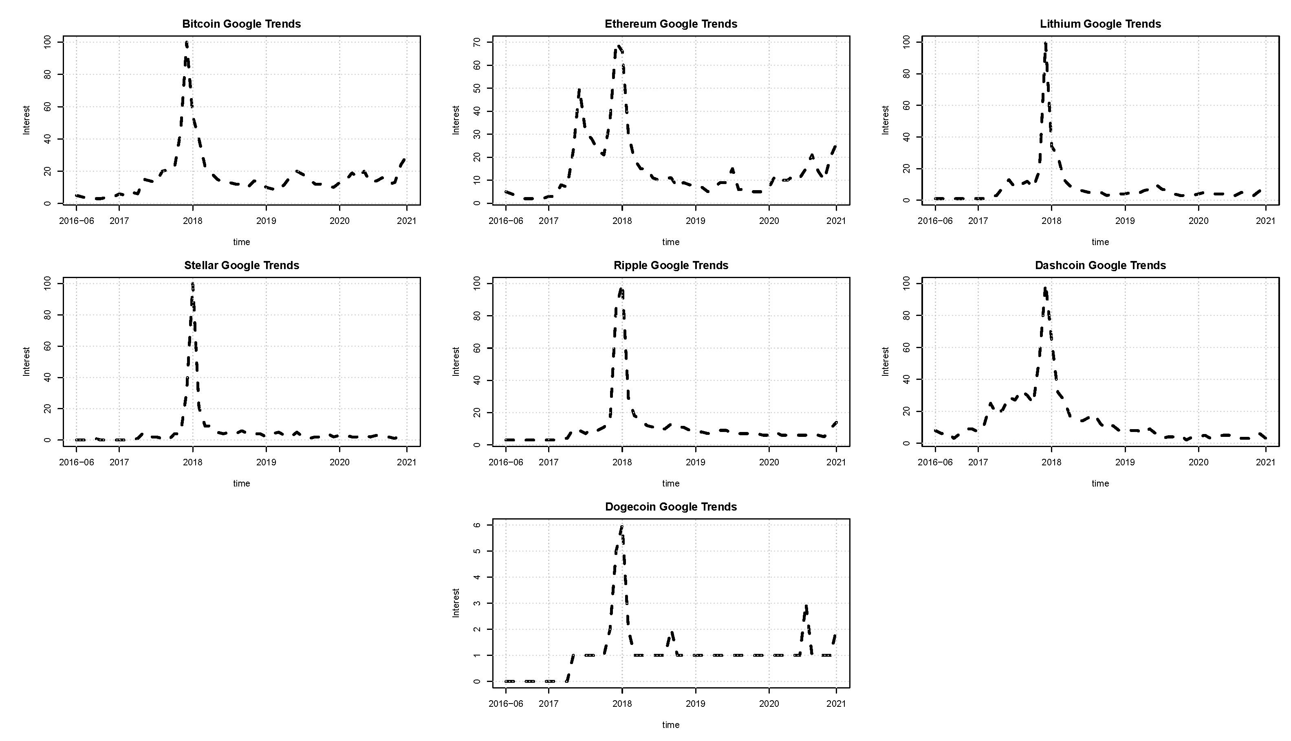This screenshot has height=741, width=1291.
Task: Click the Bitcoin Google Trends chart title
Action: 241,24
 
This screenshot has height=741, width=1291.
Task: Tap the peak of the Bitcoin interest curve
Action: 186,43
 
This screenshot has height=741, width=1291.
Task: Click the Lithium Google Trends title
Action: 1100,24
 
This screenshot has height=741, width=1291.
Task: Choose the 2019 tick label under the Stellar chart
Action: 266,462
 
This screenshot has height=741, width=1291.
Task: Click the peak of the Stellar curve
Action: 192,284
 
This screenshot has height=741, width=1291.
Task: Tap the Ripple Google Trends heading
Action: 671,265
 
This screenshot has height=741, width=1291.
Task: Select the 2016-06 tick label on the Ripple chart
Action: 506,462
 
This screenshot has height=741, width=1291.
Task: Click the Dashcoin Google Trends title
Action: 1100,265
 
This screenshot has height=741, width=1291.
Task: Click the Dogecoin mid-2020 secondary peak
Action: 806,606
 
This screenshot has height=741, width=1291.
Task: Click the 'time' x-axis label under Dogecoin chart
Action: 671,725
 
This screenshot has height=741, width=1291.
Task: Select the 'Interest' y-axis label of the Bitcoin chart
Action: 26,120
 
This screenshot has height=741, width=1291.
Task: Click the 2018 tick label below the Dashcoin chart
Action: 1051,462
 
